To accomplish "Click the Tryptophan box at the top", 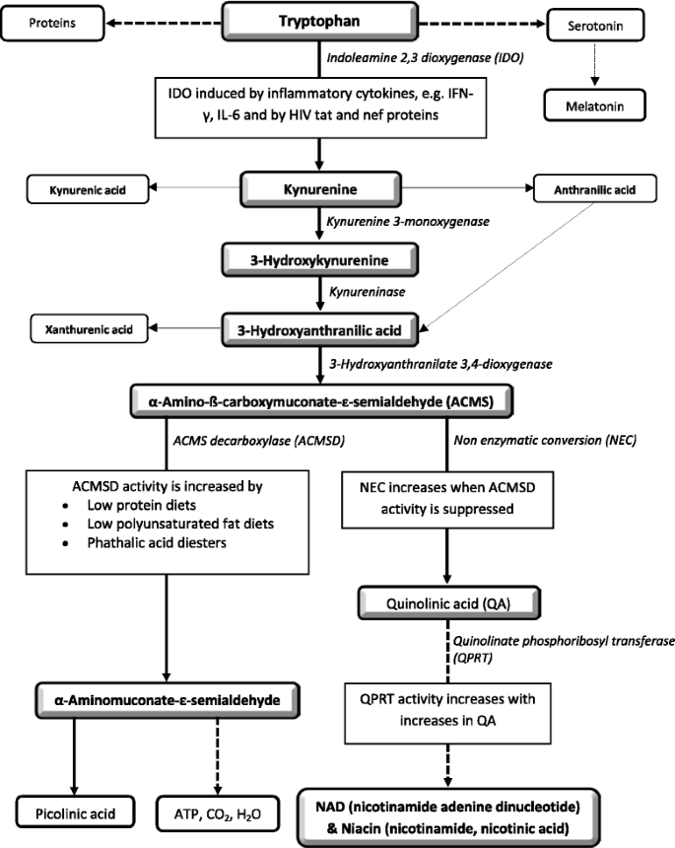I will pos(319,22).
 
